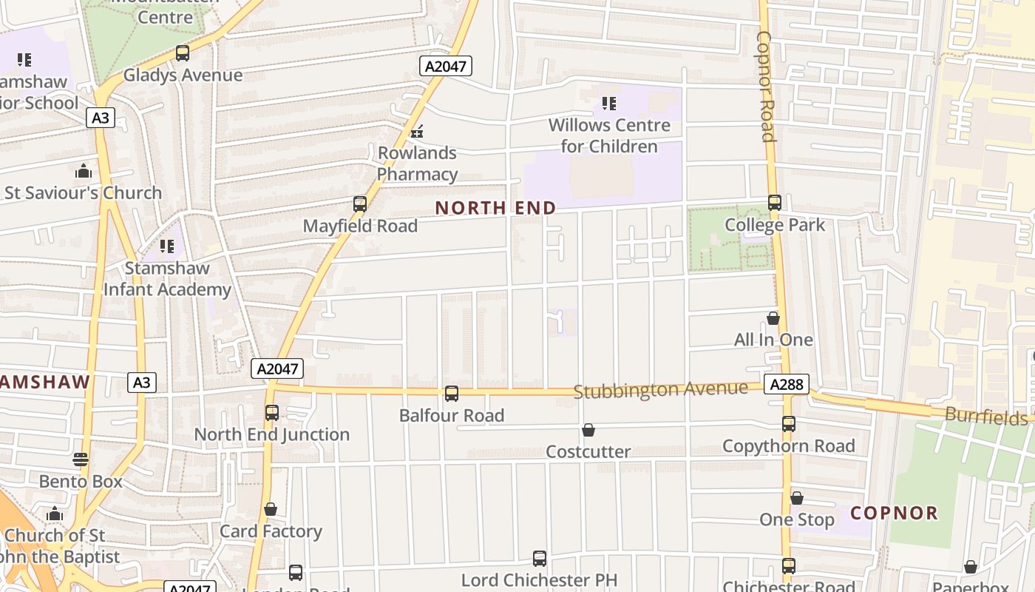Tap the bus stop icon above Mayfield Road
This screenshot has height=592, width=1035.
[360, 204]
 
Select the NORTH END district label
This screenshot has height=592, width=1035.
[495, 208]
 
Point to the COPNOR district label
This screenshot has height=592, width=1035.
[894, 513]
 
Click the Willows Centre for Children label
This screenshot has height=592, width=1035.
[609, 135]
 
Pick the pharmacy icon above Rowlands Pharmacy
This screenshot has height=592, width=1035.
[417, 132]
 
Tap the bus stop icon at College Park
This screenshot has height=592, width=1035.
[775, 202]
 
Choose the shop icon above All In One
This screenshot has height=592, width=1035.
[773, 318]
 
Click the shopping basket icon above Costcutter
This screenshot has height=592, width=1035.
[588, 430]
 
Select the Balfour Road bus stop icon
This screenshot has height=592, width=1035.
[452, 394]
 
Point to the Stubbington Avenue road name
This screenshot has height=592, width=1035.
[660, 389]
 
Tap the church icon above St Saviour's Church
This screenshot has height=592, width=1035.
[84, 171]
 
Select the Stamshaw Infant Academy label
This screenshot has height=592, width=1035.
[167, 278]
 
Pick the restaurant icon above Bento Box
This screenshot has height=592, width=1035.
[81, 460]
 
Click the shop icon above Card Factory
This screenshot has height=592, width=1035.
[271, 509]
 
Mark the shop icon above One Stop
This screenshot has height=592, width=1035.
[797, 498]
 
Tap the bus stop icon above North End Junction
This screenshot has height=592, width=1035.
[272, 413]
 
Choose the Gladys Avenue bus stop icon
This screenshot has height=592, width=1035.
[182, 53]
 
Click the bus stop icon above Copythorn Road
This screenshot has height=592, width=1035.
[789, 424]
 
